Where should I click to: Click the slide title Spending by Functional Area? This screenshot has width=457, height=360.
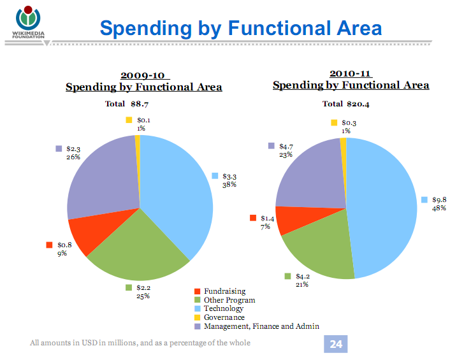241,28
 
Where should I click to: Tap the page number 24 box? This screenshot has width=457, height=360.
336,344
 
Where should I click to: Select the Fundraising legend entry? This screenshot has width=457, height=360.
224,291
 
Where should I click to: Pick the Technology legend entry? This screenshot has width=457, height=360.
223,308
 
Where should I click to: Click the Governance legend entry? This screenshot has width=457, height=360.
224,317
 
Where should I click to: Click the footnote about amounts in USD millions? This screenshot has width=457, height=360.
140,343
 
